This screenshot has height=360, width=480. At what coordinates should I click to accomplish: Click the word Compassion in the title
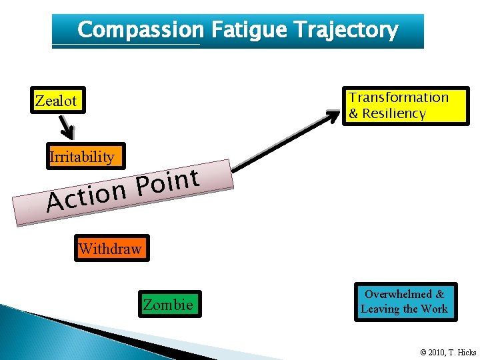(x=140, y=30)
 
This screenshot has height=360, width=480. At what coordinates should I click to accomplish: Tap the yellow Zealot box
(x=56, y=101)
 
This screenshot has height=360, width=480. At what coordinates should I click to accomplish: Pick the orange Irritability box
(x=81, y=157)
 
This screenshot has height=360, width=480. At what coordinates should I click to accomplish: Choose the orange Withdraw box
(x=111, y=249)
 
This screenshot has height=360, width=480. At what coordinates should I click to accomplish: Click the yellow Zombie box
(x=169, y=305)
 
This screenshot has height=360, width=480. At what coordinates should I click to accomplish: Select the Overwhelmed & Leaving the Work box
(x=405, y=302)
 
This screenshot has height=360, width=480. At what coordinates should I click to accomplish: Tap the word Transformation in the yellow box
(x=399, y=97)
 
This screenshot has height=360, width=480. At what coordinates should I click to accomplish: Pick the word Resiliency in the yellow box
(x=394, y=113)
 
